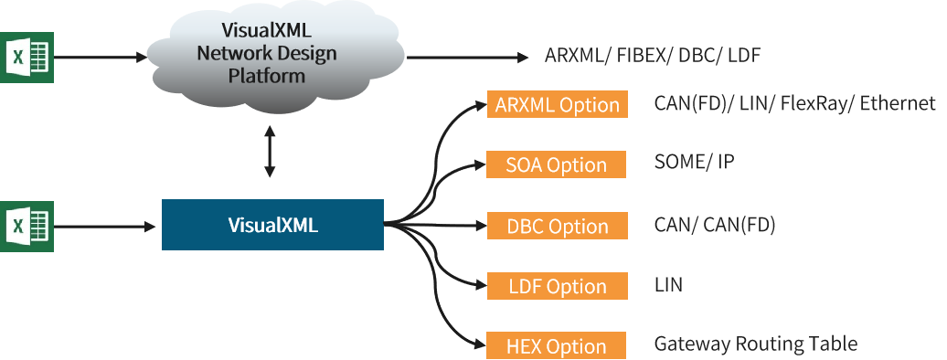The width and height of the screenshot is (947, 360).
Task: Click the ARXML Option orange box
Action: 558,104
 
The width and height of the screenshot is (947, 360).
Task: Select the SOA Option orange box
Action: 557,164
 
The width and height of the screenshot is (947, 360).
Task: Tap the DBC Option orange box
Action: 558,226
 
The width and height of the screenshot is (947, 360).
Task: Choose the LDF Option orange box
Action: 558,286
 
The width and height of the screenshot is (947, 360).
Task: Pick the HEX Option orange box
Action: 557,346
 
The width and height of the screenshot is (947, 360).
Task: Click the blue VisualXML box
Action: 272,225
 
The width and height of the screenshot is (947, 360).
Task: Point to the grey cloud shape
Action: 275,58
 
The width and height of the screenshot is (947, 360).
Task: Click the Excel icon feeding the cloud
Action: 27,58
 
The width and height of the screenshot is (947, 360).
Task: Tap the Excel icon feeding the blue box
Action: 27,227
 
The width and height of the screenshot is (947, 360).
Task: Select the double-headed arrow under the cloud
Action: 270,152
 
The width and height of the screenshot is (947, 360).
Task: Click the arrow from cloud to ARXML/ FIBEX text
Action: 467,58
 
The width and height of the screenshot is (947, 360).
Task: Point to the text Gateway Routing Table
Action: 756,344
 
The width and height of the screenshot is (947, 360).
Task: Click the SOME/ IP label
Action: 694,162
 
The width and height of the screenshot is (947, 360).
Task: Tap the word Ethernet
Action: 898,104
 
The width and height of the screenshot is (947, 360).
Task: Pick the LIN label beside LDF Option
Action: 668,284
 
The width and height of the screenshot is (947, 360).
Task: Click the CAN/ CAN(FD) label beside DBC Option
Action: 715,226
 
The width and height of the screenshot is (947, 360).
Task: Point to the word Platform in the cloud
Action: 266,76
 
